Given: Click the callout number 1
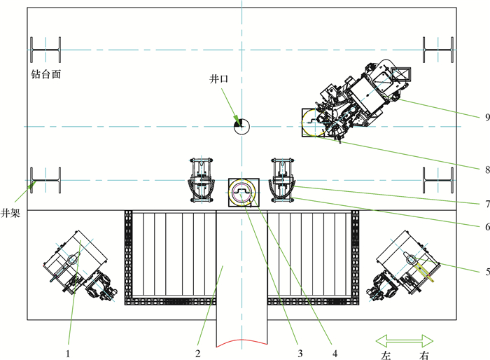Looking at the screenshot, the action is [x=68, y=354].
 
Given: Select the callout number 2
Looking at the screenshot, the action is [x=198, y=354].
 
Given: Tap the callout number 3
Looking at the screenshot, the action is [x=300, y=354].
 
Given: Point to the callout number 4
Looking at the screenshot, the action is [x=335, y=354].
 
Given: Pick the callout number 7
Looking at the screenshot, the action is [x=487, y=205].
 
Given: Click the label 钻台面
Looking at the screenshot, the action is [x=45, y=74].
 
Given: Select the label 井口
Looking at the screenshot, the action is [x=218, y=79].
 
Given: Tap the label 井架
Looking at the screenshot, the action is [x=10, y=213].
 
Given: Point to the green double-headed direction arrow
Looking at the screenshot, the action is [x=405, y=340].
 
